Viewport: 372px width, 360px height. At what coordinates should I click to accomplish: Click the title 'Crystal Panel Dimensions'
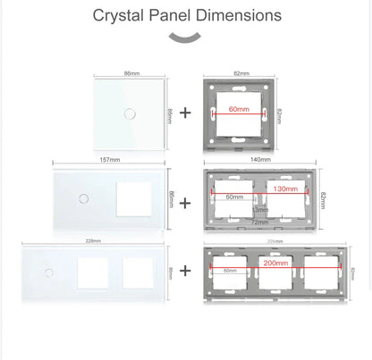186,15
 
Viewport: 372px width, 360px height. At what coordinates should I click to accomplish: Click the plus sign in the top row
185,113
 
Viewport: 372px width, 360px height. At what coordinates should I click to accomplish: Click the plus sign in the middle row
185,202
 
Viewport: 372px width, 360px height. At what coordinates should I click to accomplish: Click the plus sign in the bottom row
185,269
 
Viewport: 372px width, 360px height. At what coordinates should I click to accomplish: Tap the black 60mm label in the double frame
235,196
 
